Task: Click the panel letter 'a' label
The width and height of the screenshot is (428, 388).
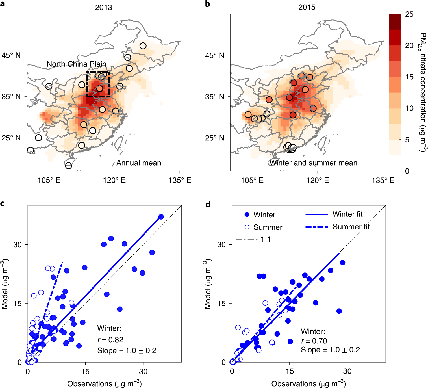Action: [x=3, y=4]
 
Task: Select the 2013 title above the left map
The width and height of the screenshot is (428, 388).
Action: [x=103, y=7]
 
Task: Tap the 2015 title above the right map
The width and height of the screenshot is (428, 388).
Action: [x=307, y=7]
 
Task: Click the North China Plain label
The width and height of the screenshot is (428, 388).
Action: [x=76, y=64]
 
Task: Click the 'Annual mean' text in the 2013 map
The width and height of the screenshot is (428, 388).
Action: [x=139, y=163]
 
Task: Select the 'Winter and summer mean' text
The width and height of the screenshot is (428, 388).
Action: [x=313, y=163]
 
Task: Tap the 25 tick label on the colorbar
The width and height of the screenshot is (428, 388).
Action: [x=409, y=14]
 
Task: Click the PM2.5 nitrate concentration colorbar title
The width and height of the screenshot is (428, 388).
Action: [x=423, y=92]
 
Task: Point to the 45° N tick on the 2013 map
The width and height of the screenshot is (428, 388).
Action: [x=11, y=55]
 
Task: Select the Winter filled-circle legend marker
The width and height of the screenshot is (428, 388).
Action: [x=247, y=215]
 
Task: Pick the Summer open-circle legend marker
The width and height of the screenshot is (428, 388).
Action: [x=247, y=227]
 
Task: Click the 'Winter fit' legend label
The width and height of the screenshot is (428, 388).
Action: [x=347, y=214]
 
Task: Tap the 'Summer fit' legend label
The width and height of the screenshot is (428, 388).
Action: [x=351, y=227]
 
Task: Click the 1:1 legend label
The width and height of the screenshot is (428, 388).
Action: [x=266, y=239]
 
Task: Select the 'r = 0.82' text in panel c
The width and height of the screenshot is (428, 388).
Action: [x=110, y=340]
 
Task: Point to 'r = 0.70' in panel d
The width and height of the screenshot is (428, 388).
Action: [x=314, y=341]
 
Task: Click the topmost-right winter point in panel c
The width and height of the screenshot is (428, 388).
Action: [x=161, y=217]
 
